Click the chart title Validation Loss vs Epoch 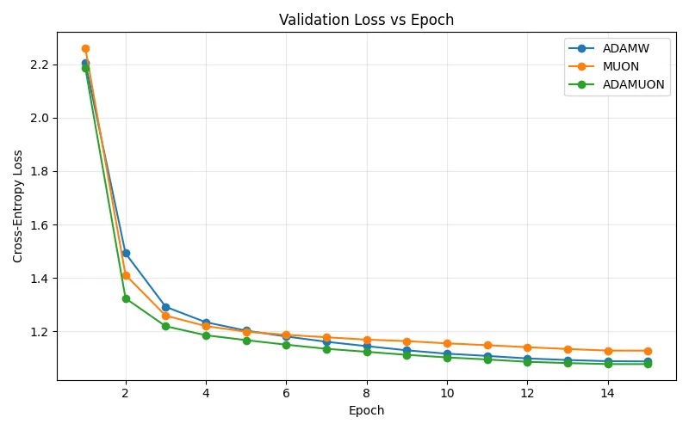pyautogui.click(x=366, y=20)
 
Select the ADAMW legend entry pyautogui.click(x=625, y=48)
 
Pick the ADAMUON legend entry pyautogui.click(x=633, y=84)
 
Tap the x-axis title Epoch pyautogui.click(x=366, y=411)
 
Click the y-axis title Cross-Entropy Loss pyautogui.click(x=18, y=206)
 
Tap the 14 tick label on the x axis pyautogui.click(x=608, y=394)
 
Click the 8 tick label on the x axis pyautogui.click(x=367, y=394)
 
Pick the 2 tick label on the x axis pyautogui.click(x=126, y=394)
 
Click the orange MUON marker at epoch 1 pyautogui.click(x=85, y=48)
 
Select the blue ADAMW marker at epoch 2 pyautogui.click(x=126, y=253)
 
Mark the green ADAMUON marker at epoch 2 pyautogui.click(x=126, y=298)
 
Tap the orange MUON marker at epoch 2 pyautogui.click(x=126, y=275)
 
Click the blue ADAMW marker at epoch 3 pyautogui.click(x=165, y=307)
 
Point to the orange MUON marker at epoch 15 pyautogui.click(x=648, y=351)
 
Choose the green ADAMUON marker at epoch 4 pyautogui.click(x=206, y=335)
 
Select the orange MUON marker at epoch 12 pyautogui.click(x=527, y=347)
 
